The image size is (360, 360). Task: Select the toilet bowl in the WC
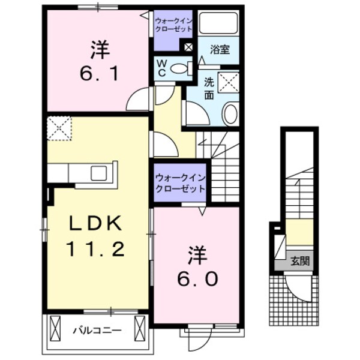(179, 69)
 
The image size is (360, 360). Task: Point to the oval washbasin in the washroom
(230, 113)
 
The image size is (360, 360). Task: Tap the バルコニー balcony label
(98, 329)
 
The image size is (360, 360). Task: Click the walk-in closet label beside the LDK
(181, 182)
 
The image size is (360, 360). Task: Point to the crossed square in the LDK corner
(59, 127)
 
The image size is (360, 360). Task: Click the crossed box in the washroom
(228, 82)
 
